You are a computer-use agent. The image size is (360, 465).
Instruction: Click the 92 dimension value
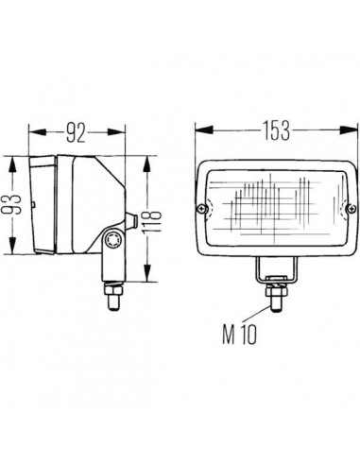pyautogui.click(x=76, y=132)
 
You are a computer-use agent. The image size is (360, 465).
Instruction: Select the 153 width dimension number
pyautogui.click(x=277, y=130)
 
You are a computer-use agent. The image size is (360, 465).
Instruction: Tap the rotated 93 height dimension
pyautogui.click(x=14, y=204)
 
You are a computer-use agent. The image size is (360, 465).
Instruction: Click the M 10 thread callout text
pyautogui.click(x=240, y=335)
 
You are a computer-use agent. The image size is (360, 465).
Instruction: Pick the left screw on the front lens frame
pyautogui.click(x=202, y=208)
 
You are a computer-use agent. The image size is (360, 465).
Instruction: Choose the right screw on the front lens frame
pyautogui.click(x=351, y=208)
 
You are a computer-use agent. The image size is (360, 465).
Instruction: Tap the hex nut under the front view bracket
pyautogui.click(x=277, y=291)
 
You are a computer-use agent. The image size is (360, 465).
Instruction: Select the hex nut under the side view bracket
pyautogui.click(x=113, y=289)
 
